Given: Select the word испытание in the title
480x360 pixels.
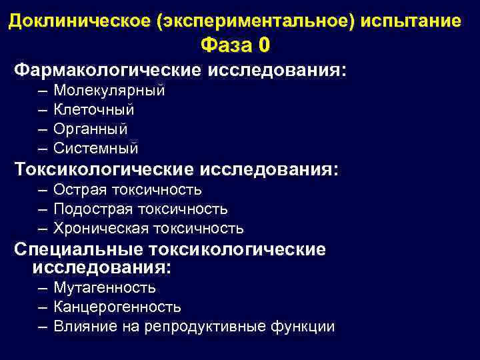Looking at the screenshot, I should click(x=411, y=21).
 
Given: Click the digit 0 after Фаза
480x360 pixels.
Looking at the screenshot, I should click(x=265, y=45).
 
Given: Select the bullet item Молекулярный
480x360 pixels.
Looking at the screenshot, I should click(x=109, y=91).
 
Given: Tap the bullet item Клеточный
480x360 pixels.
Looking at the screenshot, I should click(x=94, y=109).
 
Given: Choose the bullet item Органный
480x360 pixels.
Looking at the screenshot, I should click(x=91, y=129).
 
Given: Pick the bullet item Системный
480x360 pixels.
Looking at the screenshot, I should click(x=96, y=147).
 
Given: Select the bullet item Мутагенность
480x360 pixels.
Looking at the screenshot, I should click(x=105, y=288).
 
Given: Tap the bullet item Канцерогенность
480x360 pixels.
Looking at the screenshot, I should click(x=117, y=307).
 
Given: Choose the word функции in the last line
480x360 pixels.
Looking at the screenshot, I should click(x=303, y=327).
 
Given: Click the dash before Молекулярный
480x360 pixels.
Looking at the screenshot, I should click(x=43, y=91).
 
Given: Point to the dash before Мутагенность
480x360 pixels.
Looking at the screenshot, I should click(x=43, y=288).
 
